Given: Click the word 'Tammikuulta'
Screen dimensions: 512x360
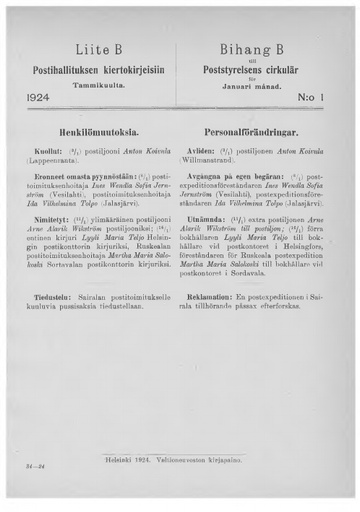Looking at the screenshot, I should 97,85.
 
